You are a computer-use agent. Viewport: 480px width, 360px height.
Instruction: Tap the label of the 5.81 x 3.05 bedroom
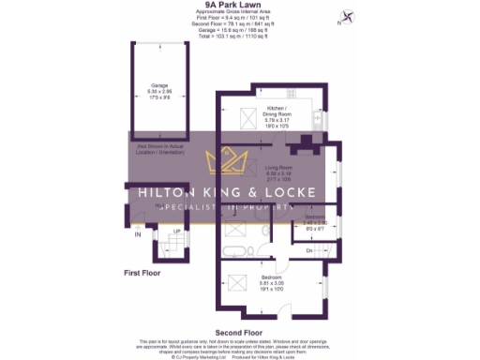point(272,283)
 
